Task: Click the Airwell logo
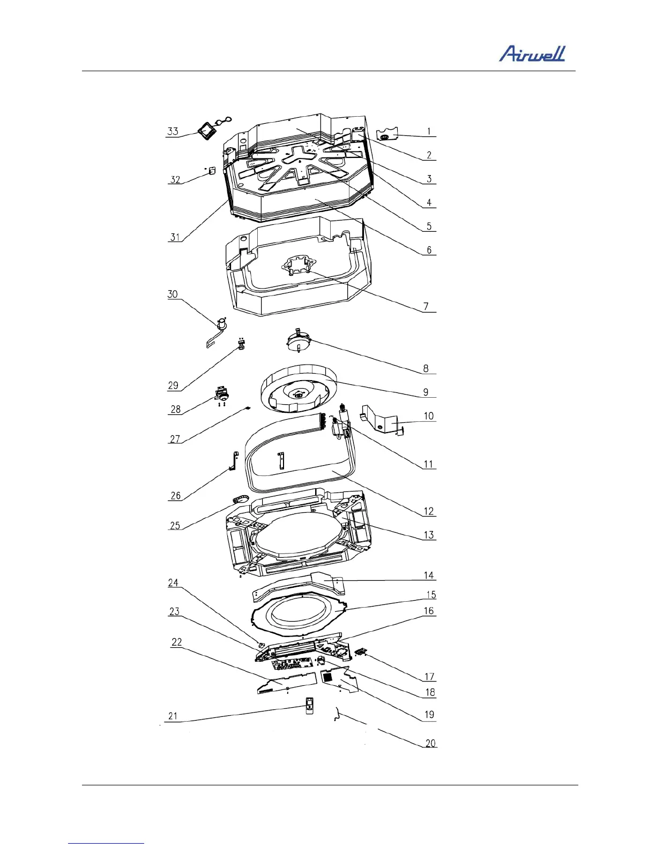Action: tap(532, 54)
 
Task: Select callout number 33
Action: tap(173, 131)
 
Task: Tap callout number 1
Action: tap(429, 131)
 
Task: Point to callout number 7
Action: tap(426, 306)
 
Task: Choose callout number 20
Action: tap(430, 743)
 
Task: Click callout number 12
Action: tap(429, 511)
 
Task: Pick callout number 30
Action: tap(172, 294)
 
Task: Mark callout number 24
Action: tap(173, 582)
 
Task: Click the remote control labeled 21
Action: tap(309, 706)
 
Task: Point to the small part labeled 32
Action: tap(211, 170)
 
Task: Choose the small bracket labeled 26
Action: tap(233, 461)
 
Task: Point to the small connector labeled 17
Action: tap(361, 652)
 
